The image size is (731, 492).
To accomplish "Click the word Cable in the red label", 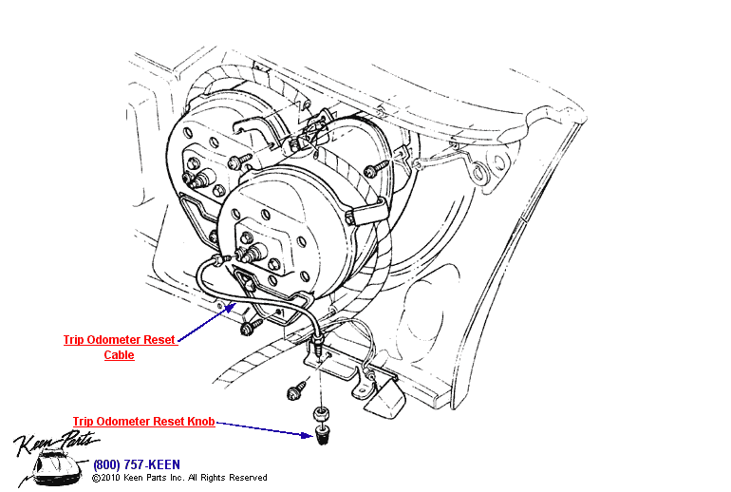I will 119,355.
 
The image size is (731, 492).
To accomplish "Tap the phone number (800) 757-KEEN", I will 136,464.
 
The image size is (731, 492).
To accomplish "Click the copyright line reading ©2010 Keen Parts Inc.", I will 179,478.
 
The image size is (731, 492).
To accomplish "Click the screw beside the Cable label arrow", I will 252,328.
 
